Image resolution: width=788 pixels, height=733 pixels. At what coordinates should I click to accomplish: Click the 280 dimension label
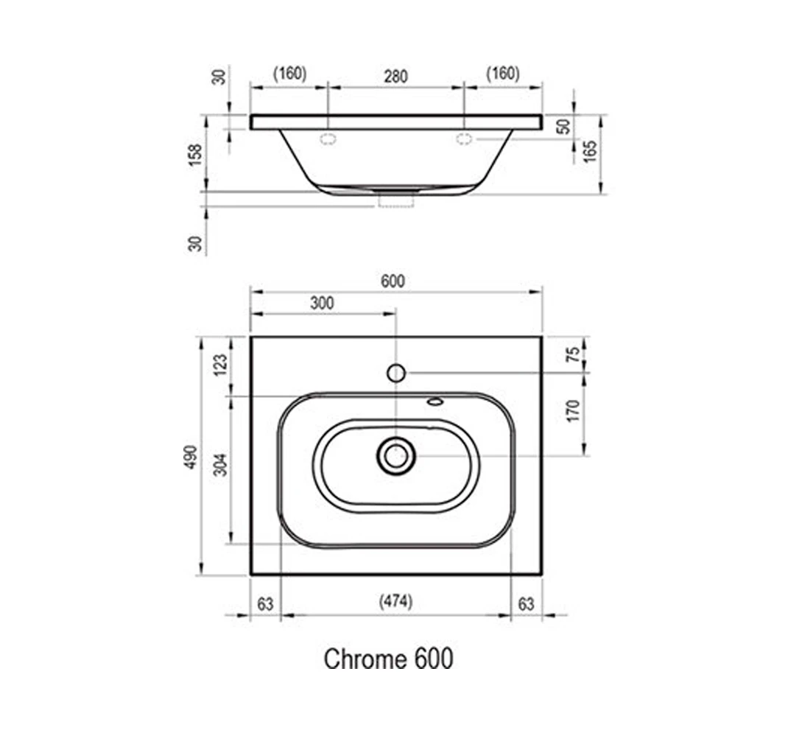(x=395, y=77)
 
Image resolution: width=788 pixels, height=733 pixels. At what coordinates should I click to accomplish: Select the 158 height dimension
(x=195, y=155)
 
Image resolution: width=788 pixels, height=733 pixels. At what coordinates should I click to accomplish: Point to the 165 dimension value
(x=591, y=151)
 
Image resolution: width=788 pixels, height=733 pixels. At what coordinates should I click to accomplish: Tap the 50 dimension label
(x=564, y=127)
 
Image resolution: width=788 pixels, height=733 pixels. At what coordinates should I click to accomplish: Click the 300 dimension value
(x=322, y=304)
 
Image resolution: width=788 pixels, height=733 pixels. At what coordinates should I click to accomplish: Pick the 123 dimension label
(x=220, y=365)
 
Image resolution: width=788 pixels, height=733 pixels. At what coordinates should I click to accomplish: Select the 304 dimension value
(x=220, y=465)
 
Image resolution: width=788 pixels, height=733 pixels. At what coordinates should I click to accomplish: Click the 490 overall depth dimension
(x=190, y=457)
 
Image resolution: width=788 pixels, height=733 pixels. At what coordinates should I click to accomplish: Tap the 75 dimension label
(x=572, y=354)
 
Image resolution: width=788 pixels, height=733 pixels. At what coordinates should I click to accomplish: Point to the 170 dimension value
(x=572, y=411)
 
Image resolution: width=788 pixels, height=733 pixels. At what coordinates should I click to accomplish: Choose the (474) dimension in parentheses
(x=395, y=601)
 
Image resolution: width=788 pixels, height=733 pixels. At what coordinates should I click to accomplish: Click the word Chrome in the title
(x=366, y=659)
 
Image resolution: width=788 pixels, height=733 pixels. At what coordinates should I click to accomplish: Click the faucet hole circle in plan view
(x=396, y=373)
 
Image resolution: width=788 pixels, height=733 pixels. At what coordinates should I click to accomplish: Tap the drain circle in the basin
(x=396, y=456)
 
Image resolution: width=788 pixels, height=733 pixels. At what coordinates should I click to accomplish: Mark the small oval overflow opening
(x=435, y=401)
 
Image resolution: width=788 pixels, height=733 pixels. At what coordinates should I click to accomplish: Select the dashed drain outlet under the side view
(x=396, y=199)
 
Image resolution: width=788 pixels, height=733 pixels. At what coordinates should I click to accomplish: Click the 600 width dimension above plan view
(x=393, y=281)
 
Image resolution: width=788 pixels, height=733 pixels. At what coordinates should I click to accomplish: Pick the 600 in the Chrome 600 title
(x=434, y=659)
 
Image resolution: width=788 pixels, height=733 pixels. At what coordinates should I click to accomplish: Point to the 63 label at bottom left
(x=265, y=604)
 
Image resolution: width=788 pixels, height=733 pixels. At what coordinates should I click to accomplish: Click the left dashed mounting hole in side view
(x=328, y=139)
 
